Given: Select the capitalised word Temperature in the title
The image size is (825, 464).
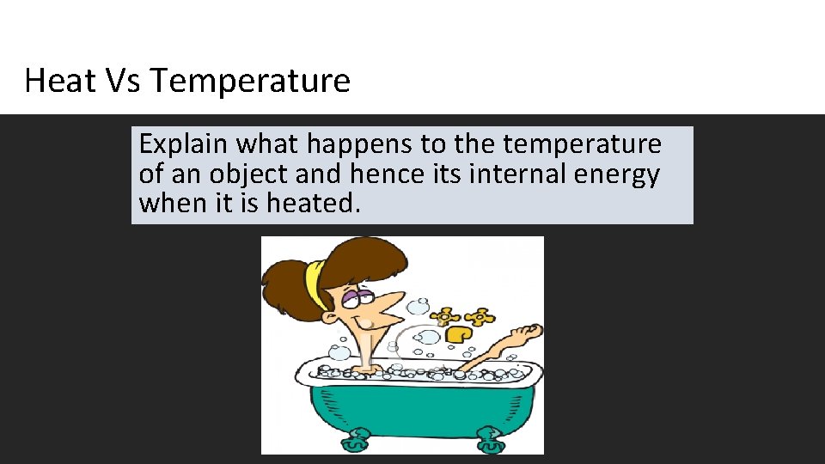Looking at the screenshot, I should (250, 81).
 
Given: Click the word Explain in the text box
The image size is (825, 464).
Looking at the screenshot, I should (184, 143).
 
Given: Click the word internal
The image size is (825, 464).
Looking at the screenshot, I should (515, 174).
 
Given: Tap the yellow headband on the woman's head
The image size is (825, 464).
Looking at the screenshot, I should (317, 284).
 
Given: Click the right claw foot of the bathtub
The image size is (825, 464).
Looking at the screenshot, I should (489, 440).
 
